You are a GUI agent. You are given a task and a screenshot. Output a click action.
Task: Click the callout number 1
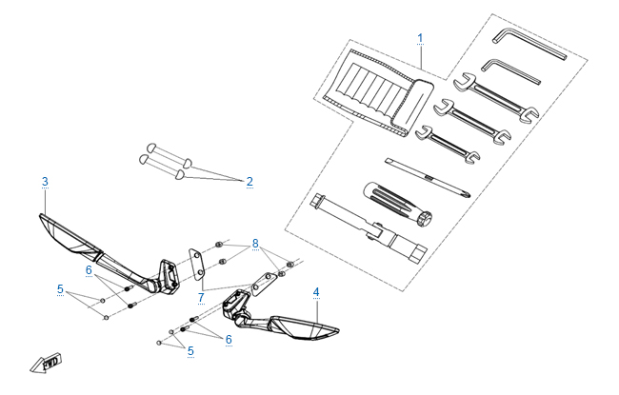point(419,38)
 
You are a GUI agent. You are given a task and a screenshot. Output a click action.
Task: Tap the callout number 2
point(250,181)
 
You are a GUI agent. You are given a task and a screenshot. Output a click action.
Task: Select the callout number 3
point(44,181)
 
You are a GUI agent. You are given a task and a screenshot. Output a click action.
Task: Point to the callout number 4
point(316,290)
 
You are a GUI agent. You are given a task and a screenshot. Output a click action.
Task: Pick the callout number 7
point(201,298)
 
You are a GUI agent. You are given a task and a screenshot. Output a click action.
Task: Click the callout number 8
point(254,244)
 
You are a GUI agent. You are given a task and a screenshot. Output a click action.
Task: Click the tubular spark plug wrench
point(367,228)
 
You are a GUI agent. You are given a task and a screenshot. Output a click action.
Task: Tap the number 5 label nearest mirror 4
point(190,351)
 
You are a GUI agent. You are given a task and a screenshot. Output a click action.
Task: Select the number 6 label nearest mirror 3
point(89,270)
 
